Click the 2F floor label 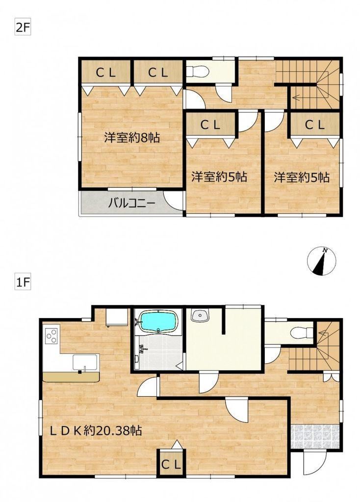[x=23, y=28]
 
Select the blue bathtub [x=158, y=322]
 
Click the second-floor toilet [x=198, y=71]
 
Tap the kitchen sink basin [x=85, y=363]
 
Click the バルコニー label [x=131, y=203]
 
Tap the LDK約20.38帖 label [x=96, y=431]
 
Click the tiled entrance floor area [x=315, y=436]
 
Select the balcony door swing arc [x=173, y=201]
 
